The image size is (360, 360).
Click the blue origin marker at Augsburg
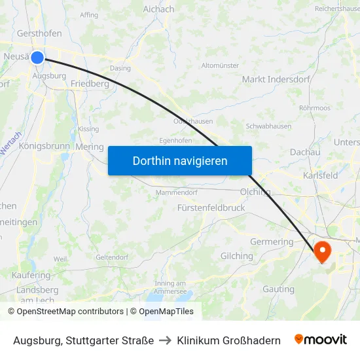point(37,58)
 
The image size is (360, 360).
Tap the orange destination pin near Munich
point(323,251)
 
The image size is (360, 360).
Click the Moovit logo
point(321,340)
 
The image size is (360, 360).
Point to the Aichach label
point(158,9)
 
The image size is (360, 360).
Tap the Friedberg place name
point(90,84)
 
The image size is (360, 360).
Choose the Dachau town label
point(304,152)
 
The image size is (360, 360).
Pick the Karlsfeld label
point(321,175)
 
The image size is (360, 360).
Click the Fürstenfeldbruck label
point(211,207)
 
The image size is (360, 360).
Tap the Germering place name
point(272,242)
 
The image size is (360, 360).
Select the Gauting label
point(278,289)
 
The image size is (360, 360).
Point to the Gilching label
point(237,256)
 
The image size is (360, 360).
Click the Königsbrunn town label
point(44,146)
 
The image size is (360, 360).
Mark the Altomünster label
point(220,65)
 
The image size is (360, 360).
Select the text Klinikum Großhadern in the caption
point(228,340)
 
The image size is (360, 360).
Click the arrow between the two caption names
point(165,340)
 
